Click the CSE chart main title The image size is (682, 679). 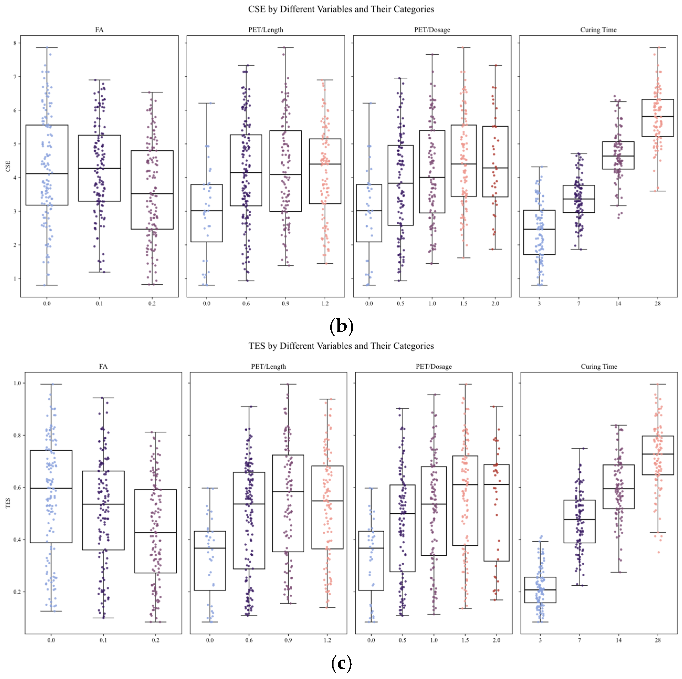tap(341, 9)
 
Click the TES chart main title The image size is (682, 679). tap(341, 346)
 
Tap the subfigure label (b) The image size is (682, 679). tap(341, 326)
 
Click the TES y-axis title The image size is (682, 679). tap(8, 503)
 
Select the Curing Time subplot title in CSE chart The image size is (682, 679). tap(598, 30)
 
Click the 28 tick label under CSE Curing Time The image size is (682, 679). tap(657, 304)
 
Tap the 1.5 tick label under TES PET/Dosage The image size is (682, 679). tap(465, 640)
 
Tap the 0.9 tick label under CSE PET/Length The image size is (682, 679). tap(285, 304)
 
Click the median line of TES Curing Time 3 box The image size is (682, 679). tap(540, 590)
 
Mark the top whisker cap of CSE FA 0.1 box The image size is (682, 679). tap(99, 80)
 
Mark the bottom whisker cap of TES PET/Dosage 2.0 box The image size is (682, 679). tap(496, 600)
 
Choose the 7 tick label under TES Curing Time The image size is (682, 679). tap(579, 640)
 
